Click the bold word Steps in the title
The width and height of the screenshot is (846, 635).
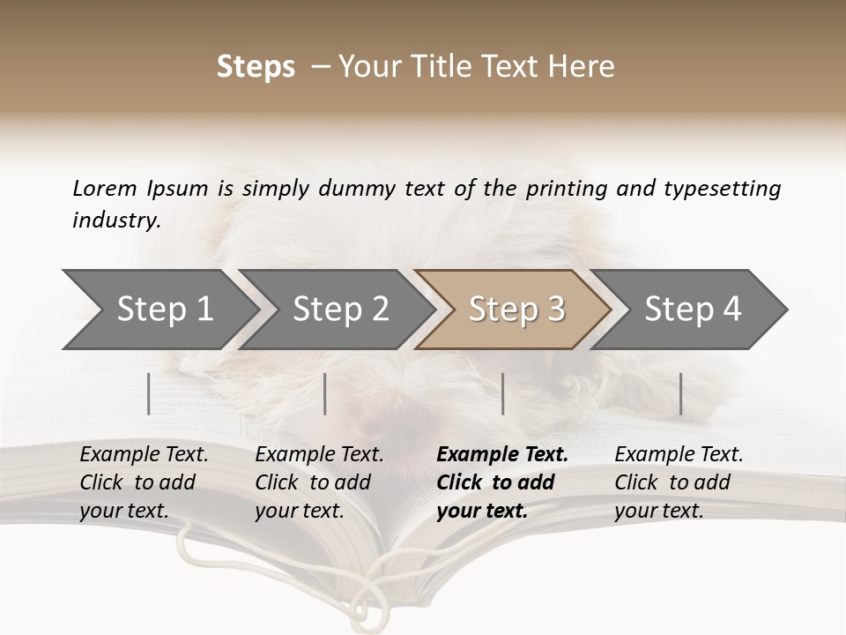256,67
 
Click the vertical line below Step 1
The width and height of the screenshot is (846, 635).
149,393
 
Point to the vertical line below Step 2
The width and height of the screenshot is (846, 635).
325,393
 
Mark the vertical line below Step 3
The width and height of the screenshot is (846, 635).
503,393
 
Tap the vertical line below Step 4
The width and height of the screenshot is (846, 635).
681,393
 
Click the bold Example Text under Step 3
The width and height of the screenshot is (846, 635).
502,455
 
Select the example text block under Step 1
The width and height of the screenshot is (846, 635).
143,482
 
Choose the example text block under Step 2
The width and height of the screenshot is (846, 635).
318,482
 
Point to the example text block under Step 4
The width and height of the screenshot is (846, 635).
678,482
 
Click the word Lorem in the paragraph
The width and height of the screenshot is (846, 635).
105,188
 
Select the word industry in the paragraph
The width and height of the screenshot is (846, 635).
116,220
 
